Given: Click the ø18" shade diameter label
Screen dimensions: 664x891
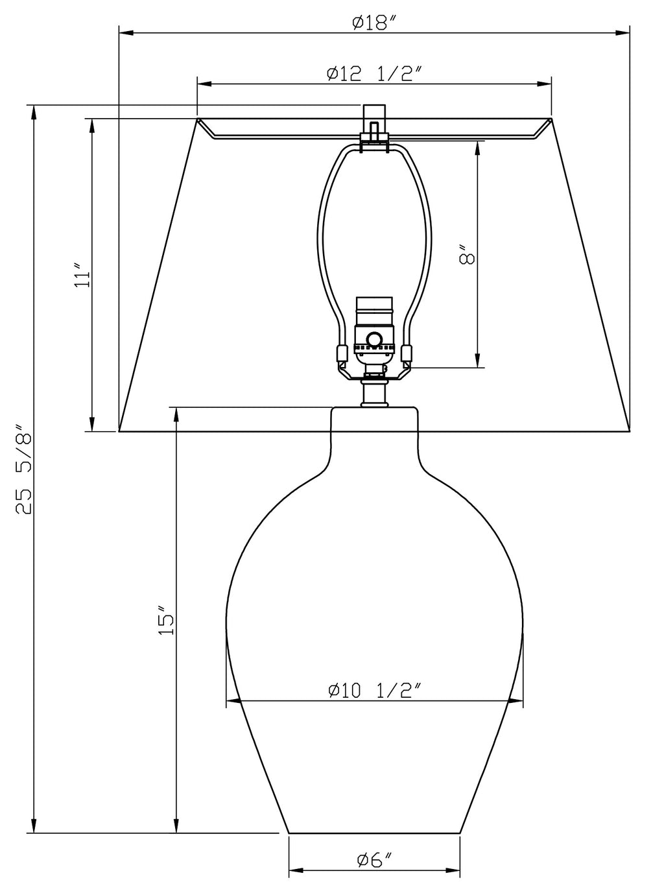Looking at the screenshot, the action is tap(373, 22).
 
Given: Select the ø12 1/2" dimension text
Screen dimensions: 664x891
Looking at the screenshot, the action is tap(373, 74).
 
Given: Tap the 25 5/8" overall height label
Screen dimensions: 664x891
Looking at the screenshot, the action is tap(24, 469).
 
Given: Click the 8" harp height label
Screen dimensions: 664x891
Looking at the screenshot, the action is tap(467, 254).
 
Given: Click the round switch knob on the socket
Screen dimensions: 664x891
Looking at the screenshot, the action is tap(373, 338).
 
